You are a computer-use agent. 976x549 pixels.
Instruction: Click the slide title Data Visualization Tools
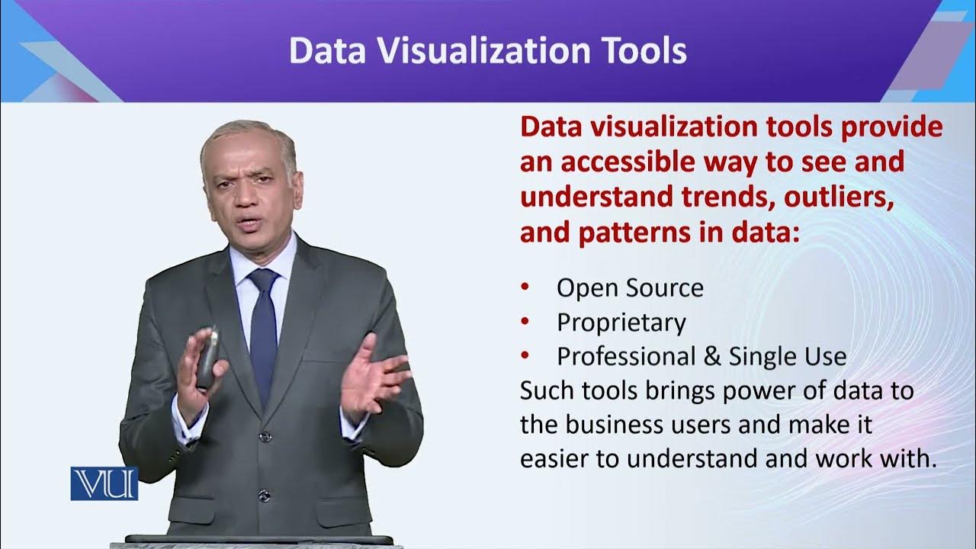(x=488, y=50)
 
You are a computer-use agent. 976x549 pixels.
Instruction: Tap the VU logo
(x=104, y=483)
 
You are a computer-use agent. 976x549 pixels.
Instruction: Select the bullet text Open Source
(x=630, y=287)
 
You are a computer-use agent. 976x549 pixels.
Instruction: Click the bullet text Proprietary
(x=621, y=323)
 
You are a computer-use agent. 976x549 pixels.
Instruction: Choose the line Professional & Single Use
(x=701, y=356)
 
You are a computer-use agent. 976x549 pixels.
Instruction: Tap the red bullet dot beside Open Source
(x=525, y=287)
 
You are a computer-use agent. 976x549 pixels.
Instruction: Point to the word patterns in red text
(x=634, y=232)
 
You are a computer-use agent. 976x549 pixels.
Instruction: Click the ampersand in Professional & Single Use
(x=712, y=357)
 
